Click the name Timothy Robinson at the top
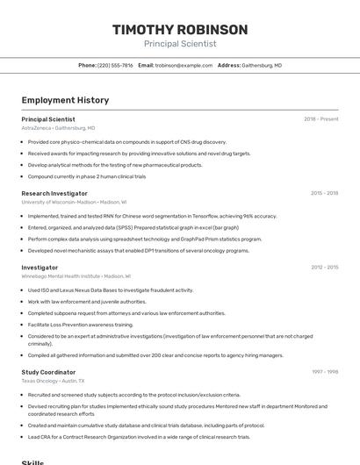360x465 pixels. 180,30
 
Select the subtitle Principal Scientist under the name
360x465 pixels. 180,44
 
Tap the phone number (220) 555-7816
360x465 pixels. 115,65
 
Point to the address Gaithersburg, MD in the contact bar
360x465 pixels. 261,65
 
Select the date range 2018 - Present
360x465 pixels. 320,118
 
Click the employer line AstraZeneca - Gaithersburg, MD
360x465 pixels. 58,127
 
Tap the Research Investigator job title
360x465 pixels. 54,193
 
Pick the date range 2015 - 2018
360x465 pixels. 324,193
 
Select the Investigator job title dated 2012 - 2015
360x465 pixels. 40,267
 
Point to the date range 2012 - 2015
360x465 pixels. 324,267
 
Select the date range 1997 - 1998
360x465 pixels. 324,372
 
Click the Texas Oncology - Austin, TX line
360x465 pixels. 53,381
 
